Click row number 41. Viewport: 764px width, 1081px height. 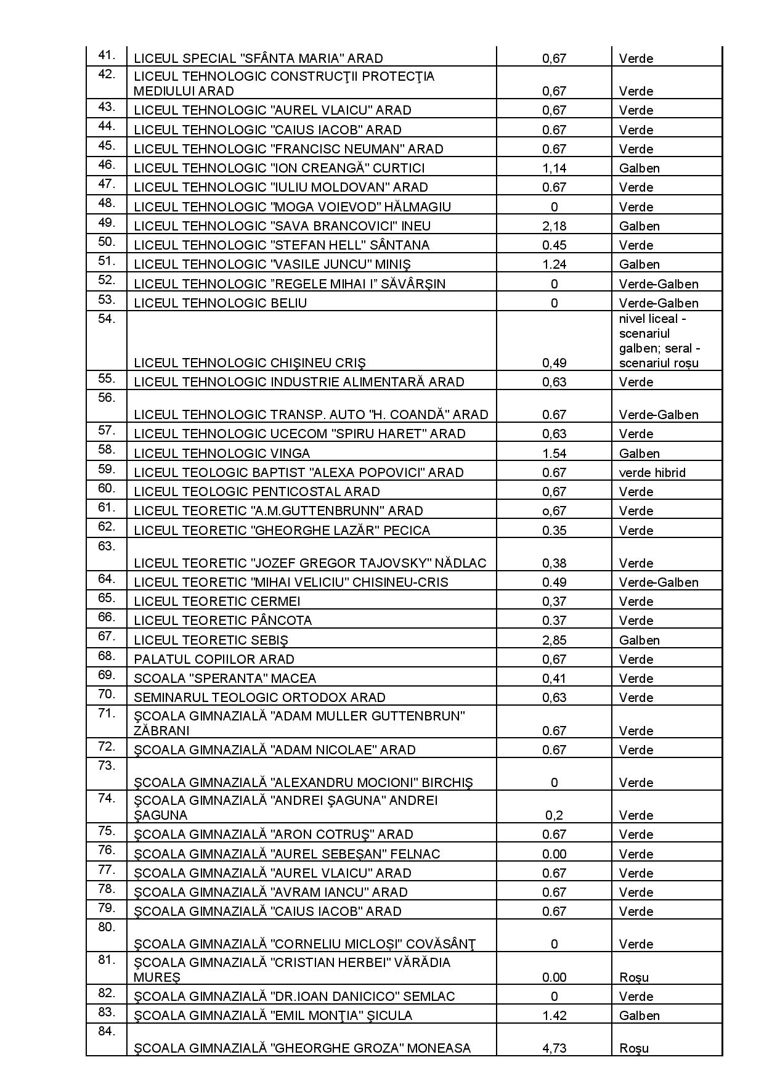(x=107, y=55)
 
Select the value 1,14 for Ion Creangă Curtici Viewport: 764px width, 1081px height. (x=554, y=168)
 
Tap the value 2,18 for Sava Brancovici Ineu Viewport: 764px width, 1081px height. (x=554, y=226)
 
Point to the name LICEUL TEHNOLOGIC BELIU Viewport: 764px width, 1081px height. (x=220, y=303)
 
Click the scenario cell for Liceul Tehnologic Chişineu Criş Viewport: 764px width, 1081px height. (x=659, y=341)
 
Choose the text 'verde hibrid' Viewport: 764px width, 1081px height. (x=652, y=473)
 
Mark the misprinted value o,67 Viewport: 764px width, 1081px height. (x=554, y=511)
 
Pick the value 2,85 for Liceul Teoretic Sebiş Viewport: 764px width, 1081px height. (x=554, y=640)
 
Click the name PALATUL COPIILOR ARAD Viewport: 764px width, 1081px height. (x=214, y=659)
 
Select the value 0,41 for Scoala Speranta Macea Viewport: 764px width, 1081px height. (x=554, y=679)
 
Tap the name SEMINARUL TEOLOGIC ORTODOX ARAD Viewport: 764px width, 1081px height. (x=259, y=698)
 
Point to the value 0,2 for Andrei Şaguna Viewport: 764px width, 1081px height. (x=554, y=815)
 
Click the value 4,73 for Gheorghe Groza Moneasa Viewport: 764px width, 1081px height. (x=554, y=1048)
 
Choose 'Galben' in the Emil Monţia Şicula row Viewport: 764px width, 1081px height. (x=639, y=1016)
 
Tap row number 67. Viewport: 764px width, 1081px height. (x=107, y=637)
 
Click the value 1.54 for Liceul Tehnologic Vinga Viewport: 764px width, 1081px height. (x=554, y=454)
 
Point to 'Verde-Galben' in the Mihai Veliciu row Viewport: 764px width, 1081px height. (x=658, y=582)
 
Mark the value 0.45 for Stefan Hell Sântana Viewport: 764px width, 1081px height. (x=554, y=245)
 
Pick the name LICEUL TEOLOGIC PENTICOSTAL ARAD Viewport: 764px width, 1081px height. (x=256, y=492)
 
